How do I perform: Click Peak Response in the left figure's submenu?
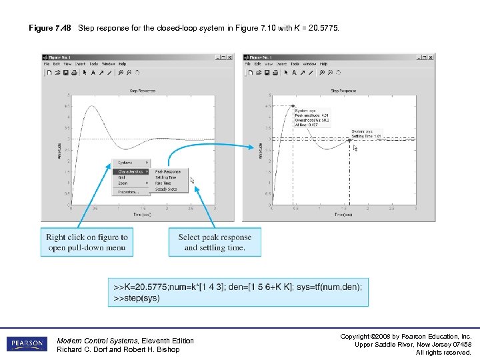(167, 172)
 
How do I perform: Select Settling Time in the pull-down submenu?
(166, 178)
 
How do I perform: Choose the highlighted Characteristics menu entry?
(131, 171)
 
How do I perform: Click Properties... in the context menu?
(128, 192)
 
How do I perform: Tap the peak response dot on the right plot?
(293, 105)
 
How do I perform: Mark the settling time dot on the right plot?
(349, 140)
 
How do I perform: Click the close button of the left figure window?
(231, 56)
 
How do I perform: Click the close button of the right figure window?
(431, 56)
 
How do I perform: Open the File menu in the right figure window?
(248, 63)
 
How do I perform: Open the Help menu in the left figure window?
(122, 63)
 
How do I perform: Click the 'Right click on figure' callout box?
(87, 242)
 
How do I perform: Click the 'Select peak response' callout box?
(215, 242)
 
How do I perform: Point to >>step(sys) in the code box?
(137, 298)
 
